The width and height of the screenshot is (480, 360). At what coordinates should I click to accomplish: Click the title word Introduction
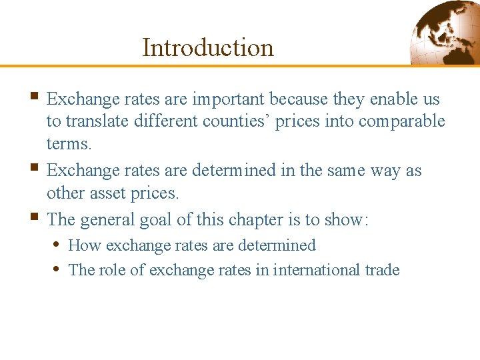pos(208,47)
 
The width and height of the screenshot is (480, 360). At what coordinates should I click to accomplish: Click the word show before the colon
pos(343,219)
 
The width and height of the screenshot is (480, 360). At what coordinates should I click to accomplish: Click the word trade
pos(382,270)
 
